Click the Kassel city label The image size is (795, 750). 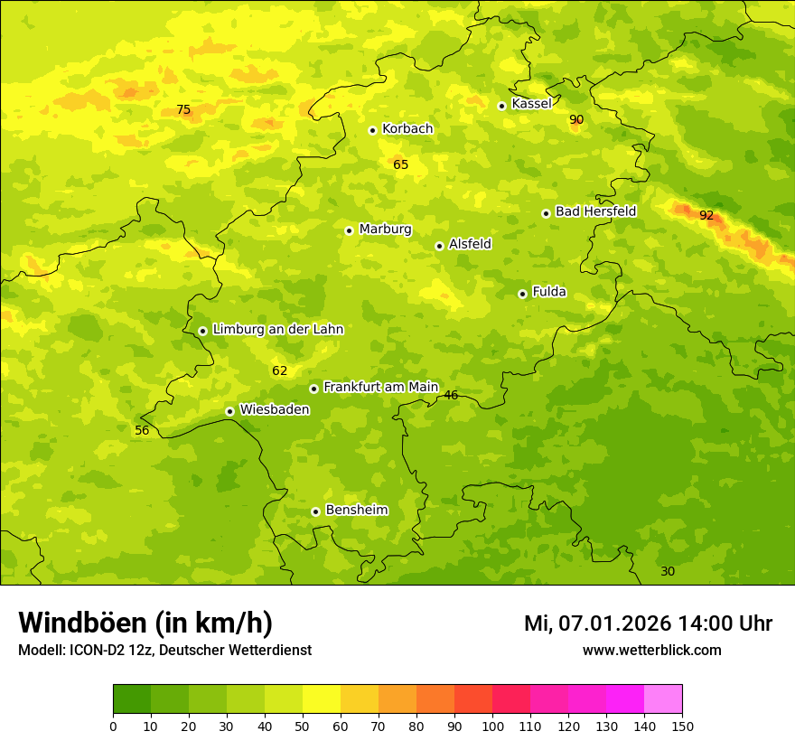tap(531, 104)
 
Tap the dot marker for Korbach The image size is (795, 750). tap(372, 130)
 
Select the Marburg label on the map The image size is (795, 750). tap(385, 230)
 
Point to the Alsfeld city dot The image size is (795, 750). tap(439, 246)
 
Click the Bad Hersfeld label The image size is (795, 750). tap(595, 211)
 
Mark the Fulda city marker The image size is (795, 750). tap(522, 294)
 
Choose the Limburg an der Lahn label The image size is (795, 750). tap(277, 330)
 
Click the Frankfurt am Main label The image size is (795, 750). tap(380, 387)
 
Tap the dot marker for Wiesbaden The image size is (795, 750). tap(229, 411)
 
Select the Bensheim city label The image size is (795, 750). tap(356, 510)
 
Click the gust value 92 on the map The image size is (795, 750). tap(706, 215)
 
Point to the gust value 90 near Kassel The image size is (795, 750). tap(576, 119)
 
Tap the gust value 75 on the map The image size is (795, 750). tap(183, 110)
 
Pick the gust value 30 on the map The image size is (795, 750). tap(668, 571)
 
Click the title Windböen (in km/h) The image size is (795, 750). tap(145, 623)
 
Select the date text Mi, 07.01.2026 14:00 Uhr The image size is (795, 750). tap(648, 623)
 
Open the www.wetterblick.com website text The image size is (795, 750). tap(651, 650)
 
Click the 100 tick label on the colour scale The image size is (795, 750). tap(492, 726)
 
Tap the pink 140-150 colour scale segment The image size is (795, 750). tap(663, 699)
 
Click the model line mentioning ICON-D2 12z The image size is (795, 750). tap(164, 650)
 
